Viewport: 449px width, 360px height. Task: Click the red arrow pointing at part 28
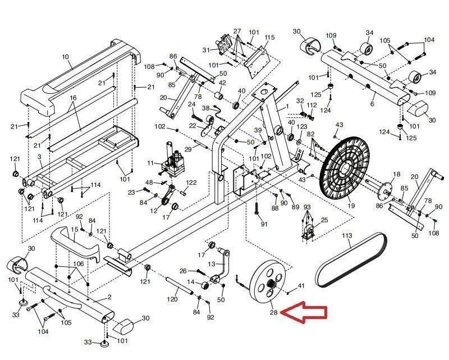tap(304, 313)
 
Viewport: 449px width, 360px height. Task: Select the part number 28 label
tap(273, 312)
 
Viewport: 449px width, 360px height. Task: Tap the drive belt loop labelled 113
tap(351, 260)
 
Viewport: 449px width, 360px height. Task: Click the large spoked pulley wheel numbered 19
tap(345, 169)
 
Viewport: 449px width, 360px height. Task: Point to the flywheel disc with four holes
tap(268, 280)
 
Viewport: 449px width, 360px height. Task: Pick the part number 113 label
tap(347, 236)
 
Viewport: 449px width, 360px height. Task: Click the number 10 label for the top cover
tap(65, 57)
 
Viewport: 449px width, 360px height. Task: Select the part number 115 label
tap(269, 37)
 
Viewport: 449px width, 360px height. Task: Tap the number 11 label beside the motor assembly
tap(150, 163)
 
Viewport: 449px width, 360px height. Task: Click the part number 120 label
tap(172, 299)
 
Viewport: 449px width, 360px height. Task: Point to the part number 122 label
tap(191, 183)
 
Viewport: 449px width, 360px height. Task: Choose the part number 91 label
tap(264, 224)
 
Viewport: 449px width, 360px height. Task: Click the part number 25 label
tap(324, 220)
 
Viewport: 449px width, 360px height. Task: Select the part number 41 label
tap(301, 286)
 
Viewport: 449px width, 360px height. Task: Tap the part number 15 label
tap(75, 229)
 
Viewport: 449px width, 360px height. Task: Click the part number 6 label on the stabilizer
tap(372, 104)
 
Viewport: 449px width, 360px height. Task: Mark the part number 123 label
tap(302, 126)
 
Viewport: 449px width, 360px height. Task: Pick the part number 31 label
tap(206, 50)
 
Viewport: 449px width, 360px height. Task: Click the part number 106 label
tap(79, 264)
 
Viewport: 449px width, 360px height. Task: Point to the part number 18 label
tap(396, 174)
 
